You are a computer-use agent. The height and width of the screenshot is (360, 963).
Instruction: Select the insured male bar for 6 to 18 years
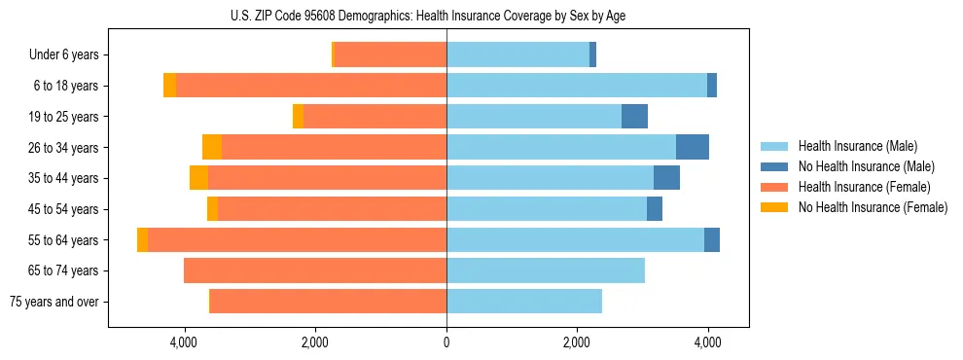click(576, 86)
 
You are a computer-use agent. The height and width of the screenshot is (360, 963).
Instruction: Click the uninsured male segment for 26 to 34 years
click(692, 147)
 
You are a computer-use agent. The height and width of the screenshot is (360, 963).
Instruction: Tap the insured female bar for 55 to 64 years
click(297, 240)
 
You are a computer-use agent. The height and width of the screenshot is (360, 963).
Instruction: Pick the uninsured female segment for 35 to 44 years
click(198, 178)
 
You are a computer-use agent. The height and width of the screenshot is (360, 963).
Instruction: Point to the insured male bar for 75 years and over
click(523, 302)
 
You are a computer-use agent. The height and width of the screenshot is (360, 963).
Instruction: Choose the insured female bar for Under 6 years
click(390, 54)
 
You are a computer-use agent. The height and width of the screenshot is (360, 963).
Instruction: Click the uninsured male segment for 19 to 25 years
click(634, 116)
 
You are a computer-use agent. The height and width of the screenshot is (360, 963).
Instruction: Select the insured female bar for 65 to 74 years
click(314, 270)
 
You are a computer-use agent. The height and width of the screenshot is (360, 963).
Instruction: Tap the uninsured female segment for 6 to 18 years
click(169, 86)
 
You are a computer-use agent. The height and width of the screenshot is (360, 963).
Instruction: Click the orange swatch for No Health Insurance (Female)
click(774, 207)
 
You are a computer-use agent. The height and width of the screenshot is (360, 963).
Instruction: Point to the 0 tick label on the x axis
click(446, 342)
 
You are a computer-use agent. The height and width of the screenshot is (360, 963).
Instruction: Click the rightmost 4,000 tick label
click(707, 342)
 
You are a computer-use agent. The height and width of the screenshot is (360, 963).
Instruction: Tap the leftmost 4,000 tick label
click(184, 342)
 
